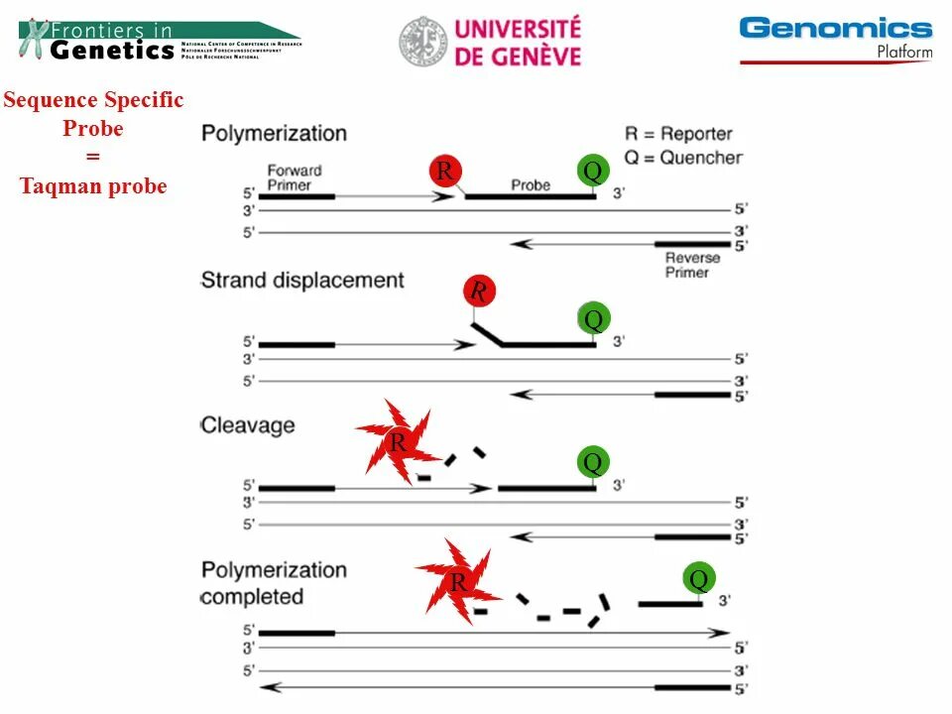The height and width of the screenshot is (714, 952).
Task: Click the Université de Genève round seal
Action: [x=423, y=43]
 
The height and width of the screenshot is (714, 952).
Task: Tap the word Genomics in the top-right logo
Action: [x=836, y=28]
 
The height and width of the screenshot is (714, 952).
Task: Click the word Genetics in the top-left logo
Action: [x=111, y=51]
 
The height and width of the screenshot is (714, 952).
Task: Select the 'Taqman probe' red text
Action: [x=93, y=186]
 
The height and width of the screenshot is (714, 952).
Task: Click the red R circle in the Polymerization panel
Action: [x=444, y=172]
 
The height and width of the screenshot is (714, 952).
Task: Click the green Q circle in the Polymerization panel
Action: [x=593, y=172]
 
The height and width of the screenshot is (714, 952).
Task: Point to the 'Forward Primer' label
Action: [x=295, y=178]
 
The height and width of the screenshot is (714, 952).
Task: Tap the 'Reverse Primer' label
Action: [x=692, y=265]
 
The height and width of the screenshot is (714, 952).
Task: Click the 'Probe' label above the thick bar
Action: [x=531, y=185]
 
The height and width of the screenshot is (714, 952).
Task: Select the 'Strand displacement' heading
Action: [x=302, y=281]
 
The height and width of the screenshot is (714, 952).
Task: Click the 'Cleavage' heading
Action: [x=248, y=425]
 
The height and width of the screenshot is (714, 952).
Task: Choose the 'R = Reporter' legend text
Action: [x=678, y=134]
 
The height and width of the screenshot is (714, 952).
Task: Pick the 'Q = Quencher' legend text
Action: [x=683, y=157]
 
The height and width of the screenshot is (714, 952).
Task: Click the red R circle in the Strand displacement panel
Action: [x=479, y=292]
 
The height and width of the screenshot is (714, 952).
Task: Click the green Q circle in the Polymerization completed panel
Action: [x=699, y=579]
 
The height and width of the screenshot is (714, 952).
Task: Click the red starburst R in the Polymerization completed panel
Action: [x=457, y=582]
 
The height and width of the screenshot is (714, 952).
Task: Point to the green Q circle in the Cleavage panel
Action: [x=593, y=462]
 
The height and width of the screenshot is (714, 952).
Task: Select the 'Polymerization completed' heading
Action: [x=274, y=583]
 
